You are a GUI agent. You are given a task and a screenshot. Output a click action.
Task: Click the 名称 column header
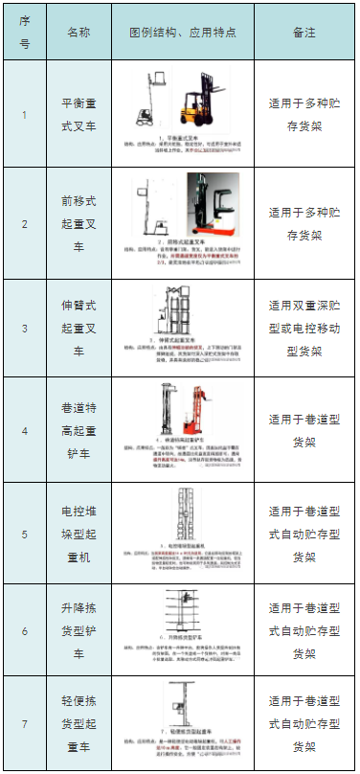(79, 32)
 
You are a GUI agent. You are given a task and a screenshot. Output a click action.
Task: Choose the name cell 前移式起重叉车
(79, 223)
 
